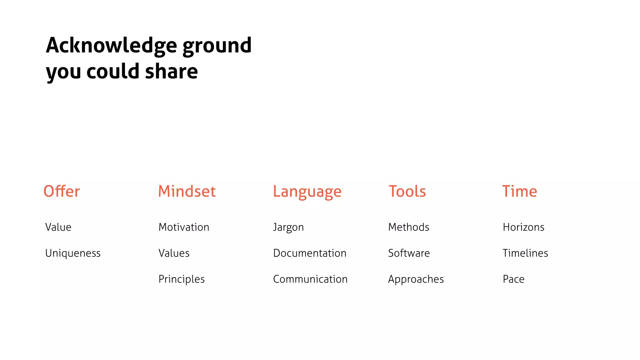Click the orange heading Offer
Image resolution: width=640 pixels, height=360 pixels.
pyautogui.click(x=62, y=191)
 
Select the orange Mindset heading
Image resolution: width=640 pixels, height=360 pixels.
pyautogui.click(x=187, y=191)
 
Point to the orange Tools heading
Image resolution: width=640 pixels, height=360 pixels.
pyautogui.click(x=407, y=191)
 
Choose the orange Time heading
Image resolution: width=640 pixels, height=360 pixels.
pyautogui.click(x=519, y=191)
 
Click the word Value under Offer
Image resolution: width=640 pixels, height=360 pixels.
pyautogui.click(x=58, y=227)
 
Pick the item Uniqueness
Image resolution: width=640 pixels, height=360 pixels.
pyautogui.click(x=73, y=253)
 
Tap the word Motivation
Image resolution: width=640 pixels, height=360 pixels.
pyautogui.click(x=184, y=227)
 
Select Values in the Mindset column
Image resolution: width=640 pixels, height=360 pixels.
pyautogui.click(x=174, y=253)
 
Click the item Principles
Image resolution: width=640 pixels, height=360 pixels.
pyautogui.click(x=182, y=279)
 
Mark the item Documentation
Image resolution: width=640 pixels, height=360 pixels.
pyautogui.click(x=310, y=253)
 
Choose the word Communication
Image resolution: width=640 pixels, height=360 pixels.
pyautogui.click(x=310, y=279)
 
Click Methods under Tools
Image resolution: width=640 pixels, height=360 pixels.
pyautogui.click(x=409, y=227)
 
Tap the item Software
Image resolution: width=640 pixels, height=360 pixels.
pyautogui.click(x=409, y=253)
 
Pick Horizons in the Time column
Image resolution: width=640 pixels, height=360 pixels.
pyautogui.click(x=523, y=227)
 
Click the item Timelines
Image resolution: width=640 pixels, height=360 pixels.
pyautogui.click(x=525, y=253)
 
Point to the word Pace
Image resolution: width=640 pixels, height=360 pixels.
pyautogui.click(x=513, y=279)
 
